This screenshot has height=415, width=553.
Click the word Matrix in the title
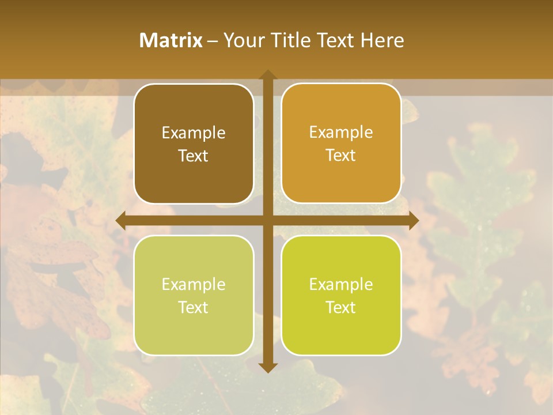[171, 40]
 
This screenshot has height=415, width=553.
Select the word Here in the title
[382, 40]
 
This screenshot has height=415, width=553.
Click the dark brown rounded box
[194, 144]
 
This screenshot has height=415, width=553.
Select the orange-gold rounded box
[341, 144]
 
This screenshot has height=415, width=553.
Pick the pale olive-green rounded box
[194, 295]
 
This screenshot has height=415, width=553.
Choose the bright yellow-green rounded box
[341, 295]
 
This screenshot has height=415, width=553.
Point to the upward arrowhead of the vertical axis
[267, 76]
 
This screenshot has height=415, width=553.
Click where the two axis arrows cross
[267, 221]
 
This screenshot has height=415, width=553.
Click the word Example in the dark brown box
[194, 133]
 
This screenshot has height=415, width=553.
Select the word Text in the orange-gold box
[341, 156]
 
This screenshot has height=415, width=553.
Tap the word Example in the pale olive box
[194, 285]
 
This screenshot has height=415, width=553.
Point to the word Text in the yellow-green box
[341, 307]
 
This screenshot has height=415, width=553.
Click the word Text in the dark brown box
[194, 156]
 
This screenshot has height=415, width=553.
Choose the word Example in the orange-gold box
[341, 133]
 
